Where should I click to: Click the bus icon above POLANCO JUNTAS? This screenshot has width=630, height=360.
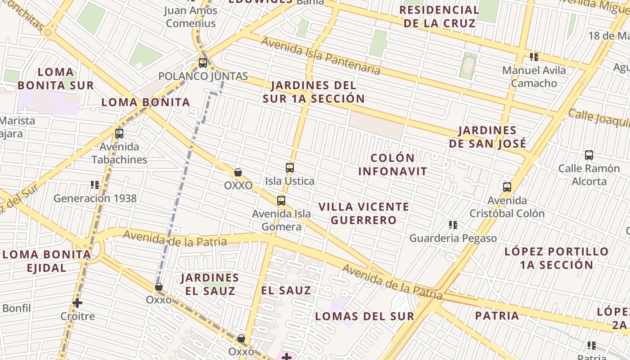click(x=203, y=63)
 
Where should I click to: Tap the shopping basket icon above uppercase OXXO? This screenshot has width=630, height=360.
click(x=238, y=172)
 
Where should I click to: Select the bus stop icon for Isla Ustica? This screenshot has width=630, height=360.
click(x=290, y=168)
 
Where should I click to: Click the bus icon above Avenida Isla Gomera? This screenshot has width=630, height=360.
click(x=281, y=201)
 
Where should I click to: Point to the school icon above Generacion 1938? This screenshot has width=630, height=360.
click(x=95, y=184)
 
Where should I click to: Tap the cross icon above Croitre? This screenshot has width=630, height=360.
click(x=77, y=303)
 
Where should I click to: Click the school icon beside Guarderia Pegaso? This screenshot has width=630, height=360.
click(x=453, y=225)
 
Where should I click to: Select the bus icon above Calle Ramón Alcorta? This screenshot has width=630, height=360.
click(x=589, y=155)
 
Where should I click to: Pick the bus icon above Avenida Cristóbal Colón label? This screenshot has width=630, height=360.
click(x=507, y=187)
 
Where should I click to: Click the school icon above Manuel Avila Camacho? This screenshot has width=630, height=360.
click(x=534, y=57)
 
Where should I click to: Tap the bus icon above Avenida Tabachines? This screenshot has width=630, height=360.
click(x=119, y=134)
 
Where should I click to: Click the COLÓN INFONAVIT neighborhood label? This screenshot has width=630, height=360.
click(x=392, y=165)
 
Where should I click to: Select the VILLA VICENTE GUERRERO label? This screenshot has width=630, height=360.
click(x=364, y=213)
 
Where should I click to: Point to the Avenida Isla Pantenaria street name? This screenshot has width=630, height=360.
click(x=320, y=56)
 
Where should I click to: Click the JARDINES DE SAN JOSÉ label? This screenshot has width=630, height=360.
click(x=487, y=137)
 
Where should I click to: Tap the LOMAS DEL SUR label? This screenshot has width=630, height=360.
click(x=364, y=316)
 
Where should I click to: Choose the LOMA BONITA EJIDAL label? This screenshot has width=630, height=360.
click(x=47, y=261)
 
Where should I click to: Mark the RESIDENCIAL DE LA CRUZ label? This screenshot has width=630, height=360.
click(x=439, y=17)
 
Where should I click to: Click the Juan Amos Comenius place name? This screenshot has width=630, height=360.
click(x=191, y=17)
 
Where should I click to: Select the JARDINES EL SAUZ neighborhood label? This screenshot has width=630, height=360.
click(x=210, y=284)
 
